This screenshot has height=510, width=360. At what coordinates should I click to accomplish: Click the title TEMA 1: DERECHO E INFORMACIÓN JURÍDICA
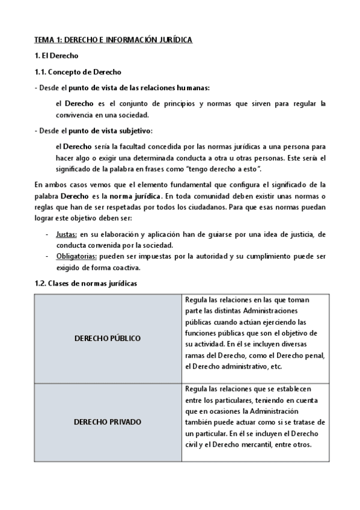click(x=113, y=40)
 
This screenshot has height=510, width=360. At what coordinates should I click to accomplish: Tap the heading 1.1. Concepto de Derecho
click(x=78, y=72)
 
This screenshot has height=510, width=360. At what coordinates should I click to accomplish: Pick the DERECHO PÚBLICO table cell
click(x=107, y=338)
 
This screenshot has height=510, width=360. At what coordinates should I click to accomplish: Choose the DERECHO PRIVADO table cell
click(x=107, y=422)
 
